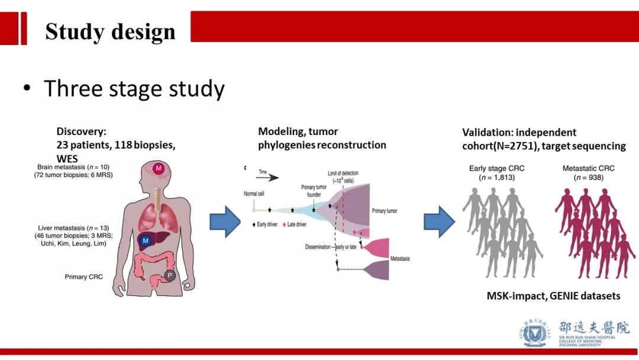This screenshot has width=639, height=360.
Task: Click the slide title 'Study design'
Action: click(x=110, y=32)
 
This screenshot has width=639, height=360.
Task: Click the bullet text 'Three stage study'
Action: click(x=134, y=89)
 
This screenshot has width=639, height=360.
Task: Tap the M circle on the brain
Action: click(x=159, y=169)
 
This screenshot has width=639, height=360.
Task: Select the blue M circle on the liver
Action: click(x=145, y=240)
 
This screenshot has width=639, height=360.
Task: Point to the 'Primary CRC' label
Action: click(x=83, y=277)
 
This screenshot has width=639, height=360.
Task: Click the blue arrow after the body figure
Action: click(x=225, y=221)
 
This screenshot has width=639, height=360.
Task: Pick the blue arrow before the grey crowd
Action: click(x=439, y=221)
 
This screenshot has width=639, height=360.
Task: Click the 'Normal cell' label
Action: click(x=254, y=194)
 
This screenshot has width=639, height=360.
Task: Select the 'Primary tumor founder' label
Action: click(x=314, y=190)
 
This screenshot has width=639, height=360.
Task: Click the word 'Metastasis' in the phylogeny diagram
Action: click(x=400, y=259)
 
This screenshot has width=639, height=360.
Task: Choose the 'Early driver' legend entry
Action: click(x=267, y=224)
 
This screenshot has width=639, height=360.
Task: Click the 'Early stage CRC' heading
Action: click(x=496, y=168)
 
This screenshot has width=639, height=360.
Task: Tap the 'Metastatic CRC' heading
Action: click(x=588, y=168)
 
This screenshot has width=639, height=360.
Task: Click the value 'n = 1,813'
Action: click(x=497, y=177)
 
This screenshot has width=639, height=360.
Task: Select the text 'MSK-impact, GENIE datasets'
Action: click(x=553, y=295)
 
